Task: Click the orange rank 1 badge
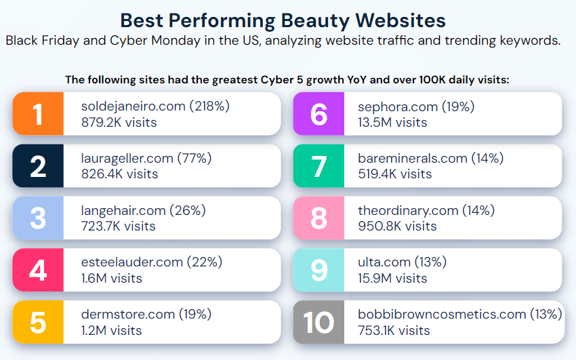coord(38,114)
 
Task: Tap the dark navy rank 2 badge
coord(38,166)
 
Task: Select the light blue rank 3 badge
coord(38,218)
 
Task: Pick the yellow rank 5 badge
coord(38,323)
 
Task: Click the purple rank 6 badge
coord(318,114)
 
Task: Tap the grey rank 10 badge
coord(318,323)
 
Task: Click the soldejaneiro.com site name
coord(133,106)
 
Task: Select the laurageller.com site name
coord(127,159)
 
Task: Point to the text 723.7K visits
coord(118,226)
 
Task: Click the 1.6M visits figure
coord(112,278)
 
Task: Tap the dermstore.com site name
coord(127,315)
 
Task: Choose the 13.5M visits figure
coord(392,122)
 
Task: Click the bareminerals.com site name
coord(413,159)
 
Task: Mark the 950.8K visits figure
coord(397,226)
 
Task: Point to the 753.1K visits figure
coord(394,330)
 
